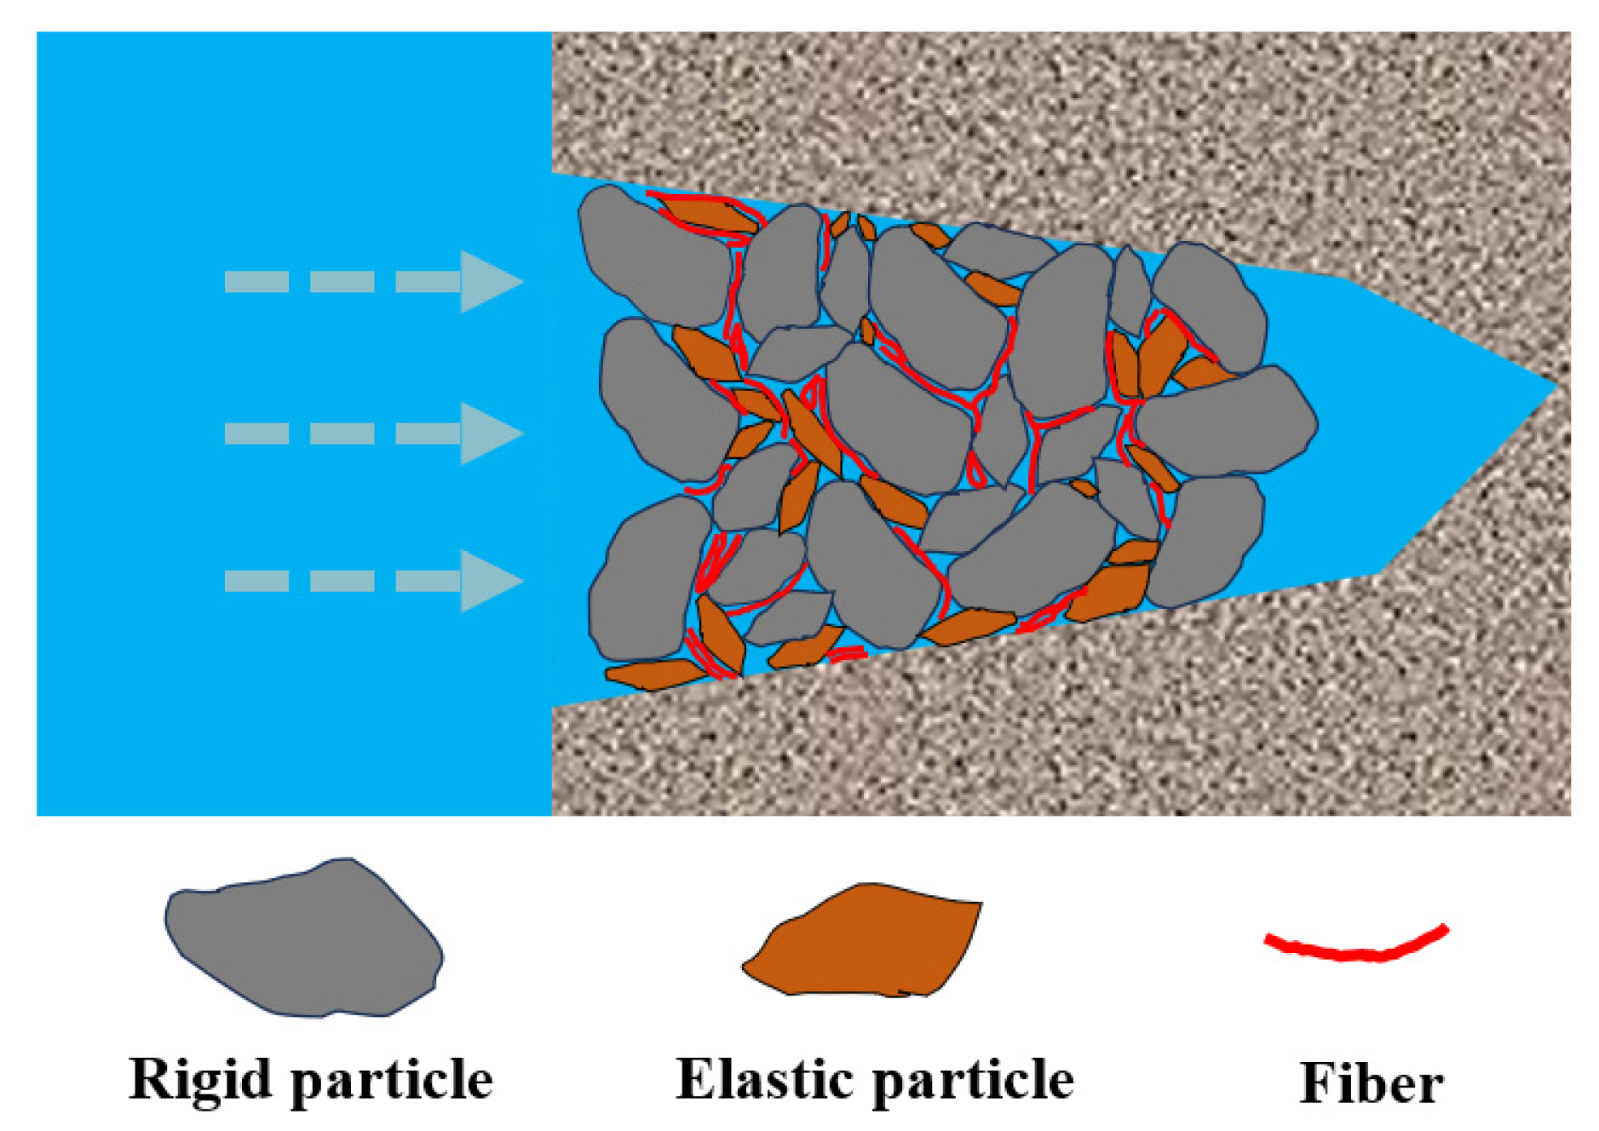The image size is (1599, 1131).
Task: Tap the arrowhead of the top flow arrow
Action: pyautogui.click(x=487, y=281)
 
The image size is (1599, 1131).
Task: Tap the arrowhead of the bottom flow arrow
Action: pyautogui.click(x=487, y=581)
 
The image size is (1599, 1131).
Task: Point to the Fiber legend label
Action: pyautogui.click(x=1371, y=1083)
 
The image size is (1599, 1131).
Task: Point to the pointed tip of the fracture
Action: pyautogui.click(x=1556, y=388)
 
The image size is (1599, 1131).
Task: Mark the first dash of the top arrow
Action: pyautogui.click(x=256, y=281)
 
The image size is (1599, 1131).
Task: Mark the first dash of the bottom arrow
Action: pyautogui.click(x=256, y=581)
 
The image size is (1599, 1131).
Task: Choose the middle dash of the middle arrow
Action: pyautogui.click(x=342, y=433)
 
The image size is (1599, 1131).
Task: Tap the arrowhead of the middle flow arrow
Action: pyautogui.click(x=487, y=433)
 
